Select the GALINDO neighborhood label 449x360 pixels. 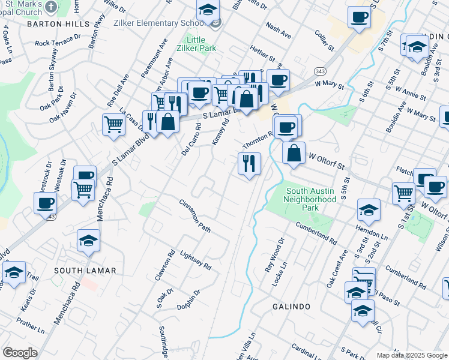pos(291,307)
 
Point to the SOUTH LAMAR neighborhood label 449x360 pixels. pos(85,271)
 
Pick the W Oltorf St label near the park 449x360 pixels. pos(328,160)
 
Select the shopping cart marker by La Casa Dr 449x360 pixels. pos(113,125)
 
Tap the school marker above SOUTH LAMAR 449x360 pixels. pos(89,240)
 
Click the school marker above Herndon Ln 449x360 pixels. pos(369,210)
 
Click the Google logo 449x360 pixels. pos(20,353)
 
